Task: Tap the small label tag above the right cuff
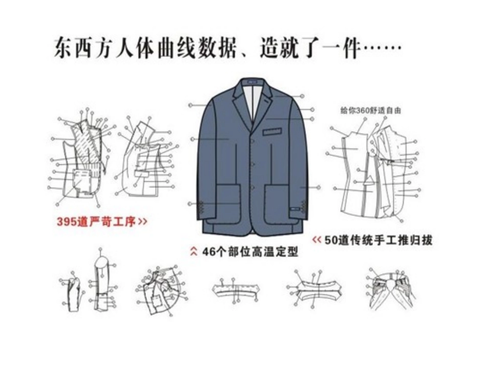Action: [x=296, y=208]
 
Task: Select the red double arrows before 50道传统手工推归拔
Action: [x=317, y=240]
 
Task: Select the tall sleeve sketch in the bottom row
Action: [x=102, y=282]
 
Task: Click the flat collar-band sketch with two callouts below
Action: [x=234, y=291]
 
